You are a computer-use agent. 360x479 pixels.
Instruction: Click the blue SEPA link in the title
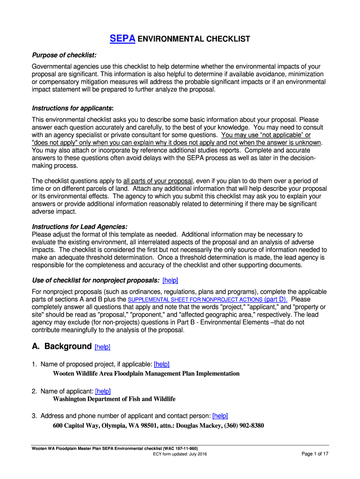(x=122, y=39)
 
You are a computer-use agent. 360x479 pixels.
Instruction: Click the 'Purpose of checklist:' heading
(x=64, y=56)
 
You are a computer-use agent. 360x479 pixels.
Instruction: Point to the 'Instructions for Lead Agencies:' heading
(x=79, y=226)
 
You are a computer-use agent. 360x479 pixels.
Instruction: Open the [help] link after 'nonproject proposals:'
(x=170, y=280)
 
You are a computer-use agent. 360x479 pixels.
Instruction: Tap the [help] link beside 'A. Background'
(x=102, y=347)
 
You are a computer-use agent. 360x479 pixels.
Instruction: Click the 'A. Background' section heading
(x=61, y=347)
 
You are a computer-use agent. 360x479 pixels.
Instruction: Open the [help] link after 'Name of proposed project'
(x=161, y=364)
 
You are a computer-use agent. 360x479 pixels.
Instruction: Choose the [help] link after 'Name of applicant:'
(x=102, y=391)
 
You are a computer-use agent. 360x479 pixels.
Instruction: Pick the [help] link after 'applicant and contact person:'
(x=220, y=415)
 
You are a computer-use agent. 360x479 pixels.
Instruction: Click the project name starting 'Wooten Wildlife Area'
(x=146, y=374)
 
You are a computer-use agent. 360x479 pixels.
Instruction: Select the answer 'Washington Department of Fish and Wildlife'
(x=114, y=399)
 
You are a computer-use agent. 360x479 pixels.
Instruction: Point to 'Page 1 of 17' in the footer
(x=315, y=454)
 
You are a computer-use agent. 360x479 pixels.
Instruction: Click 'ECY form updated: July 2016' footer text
(x=180, y=454)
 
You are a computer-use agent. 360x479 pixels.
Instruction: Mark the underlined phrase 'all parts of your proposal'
(x=158, y=181)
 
